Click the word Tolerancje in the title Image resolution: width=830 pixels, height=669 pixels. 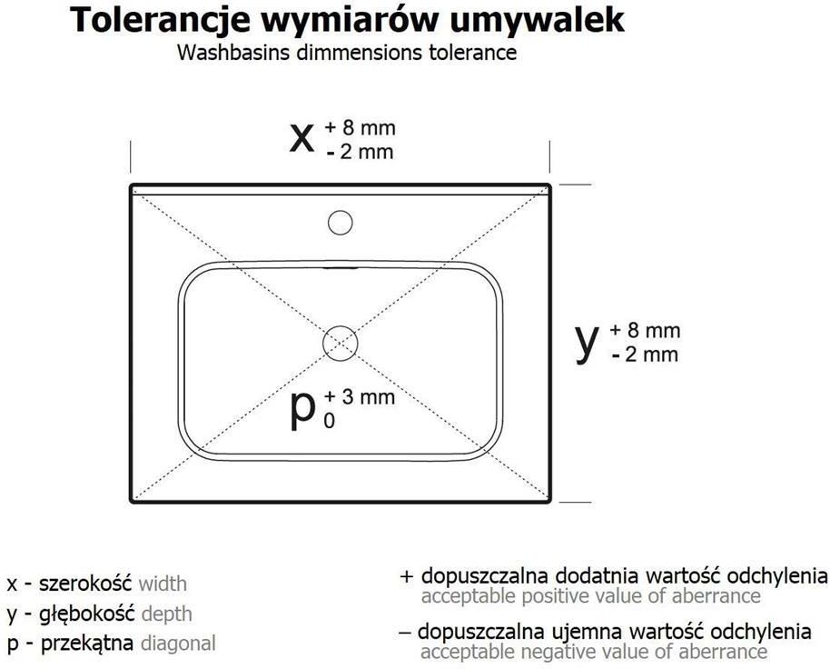159,21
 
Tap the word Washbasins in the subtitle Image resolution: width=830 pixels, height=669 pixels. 233,53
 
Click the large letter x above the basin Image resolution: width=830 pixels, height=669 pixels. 301,139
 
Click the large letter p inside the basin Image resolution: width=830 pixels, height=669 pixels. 302,411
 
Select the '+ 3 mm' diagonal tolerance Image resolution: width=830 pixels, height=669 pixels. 360,396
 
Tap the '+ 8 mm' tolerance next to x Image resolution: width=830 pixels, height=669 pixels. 360,127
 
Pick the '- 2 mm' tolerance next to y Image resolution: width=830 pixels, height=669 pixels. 645,354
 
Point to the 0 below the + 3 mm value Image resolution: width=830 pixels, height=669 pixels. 330,421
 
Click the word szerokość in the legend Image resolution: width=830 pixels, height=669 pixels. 85,584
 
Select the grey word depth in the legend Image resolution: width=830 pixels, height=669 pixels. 167,614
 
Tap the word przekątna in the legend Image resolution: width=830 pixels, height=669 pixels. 87,644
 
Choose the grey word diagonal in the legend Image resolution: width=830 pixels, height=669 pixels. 178,643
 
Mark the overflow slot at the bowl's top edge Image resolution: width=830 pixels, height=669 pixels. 341,268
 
